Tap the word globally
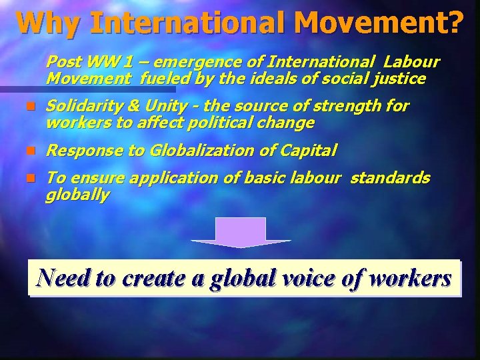point(77,195)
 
